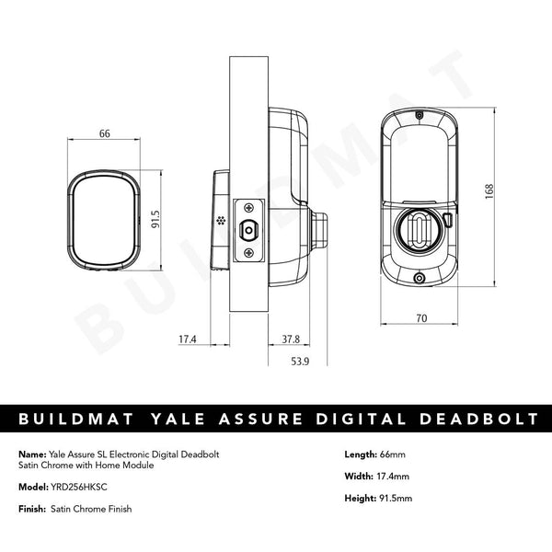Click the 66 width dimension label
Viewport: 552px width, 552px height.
tap(104, 134)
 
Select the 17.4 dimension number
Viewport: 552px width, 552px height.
tap(188, 339)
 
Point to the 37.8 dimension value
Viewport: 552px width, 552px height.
tap(290, 339)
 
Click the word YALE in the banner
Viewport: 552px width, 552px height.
tap(205, 420)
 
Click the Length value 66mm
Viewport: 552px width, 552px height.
tap(392, 454)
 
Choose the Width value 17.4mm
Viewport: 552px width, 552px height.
tap(391, 477)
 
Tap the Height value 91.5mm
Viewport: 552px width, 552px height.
tap(395, 499)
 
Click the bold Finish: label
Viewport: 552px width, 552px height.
tap(32, 510)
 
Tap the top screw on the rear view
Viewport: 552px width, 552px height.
tap(419, 116)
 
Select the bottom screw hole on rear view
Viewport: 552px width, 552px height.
tap(419, 280)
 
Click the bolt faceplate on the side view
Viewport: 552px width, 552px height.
tap(248, 229)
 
